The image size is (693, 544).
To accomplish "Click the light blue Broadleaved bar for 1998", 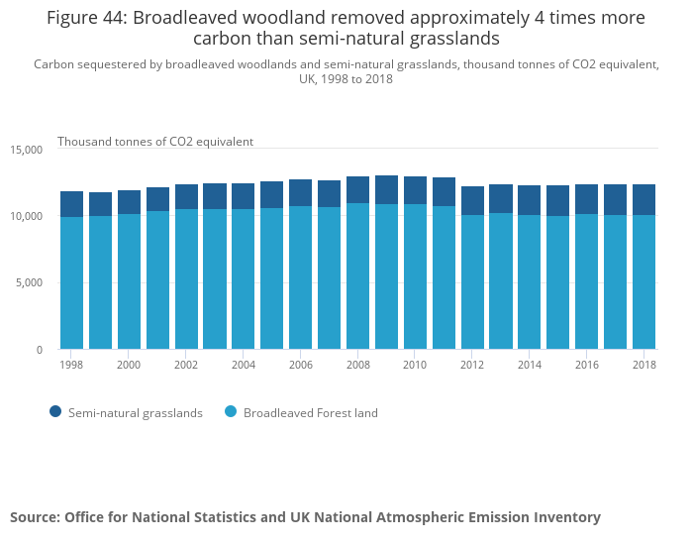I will click(71, 282).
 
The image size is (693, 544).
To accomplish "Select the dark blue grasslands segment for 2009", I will click(386, 189).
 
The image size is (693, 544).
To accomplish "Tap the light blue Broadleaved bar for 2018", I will click(643, 282).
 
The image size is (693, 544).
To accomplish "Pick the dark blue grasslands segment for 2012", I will click(472, 200).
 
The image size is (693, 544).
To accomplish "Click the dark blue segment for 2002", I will click(186, 196).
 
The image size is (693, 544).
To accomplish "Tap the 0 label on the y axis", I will click(40, 350).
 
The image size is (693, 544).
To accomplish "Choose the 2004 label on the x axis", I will click(244, 365).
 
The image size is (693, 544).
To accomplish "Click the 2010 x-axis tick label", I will click(415, 365).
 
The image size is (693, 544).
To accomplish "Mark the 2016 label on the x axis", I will click(586, 365).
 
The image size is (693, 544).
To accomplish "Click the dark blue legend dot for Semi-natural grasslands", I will click(54, 412).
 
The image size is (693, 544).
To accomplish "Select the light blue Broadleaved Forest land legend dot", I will click(230, 412).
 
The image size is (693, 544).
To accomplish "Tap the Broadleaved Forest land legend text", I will click(310, 413).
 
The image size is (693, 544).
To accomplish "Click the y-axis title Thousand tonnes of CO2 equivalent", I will click(155, 142).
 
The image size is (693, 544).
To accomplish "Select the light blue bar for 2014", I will click(530, 282).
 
